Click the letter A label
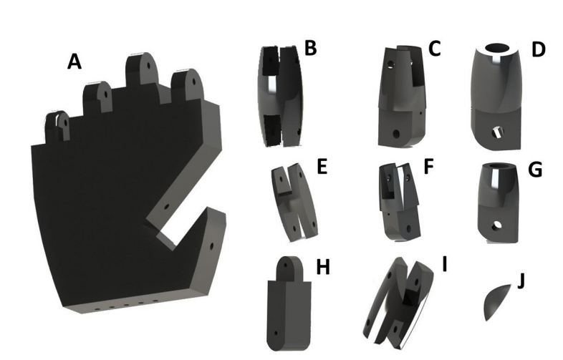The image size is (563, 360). point(74,62)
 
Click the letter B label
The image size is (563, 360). point(310,49)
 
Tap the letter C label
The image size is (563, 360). point(434,49)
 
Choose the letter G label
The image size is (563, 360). point(534,171)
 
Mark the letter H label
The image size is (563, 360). point(323,268)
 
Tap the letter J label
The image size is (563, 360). point(521,278)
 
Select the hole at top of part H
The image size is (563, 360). point(287,266)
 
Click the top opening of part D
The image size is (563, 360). point(499,48)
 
